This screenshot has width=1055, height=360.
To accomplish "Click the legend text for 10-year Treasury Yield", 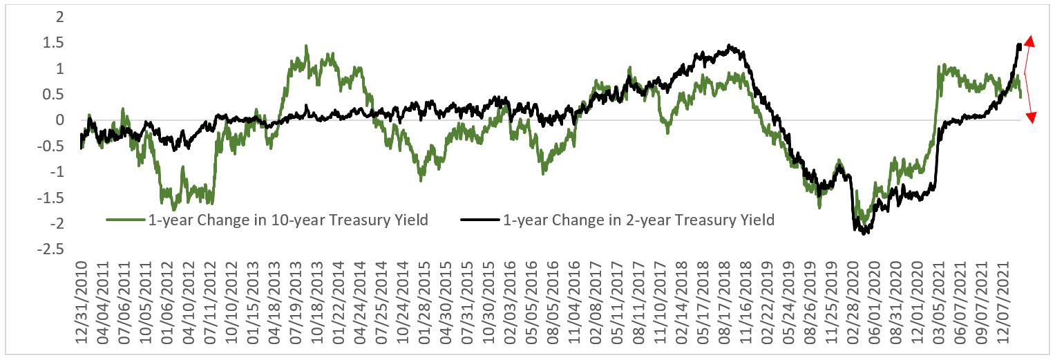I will pyautogui.click(x=288, y=220).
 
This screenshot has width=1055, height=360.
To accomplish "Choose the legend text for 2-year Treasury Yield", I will pyautogui.click(x=639, y=220).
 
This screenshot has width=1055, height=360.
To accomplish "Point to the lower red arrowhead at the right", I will pyautogui.click(x=1030, y=117).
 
